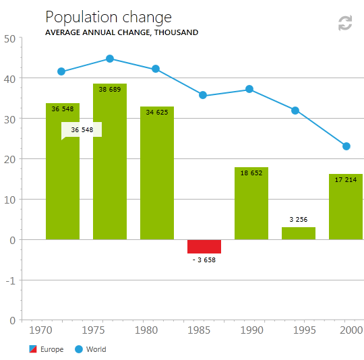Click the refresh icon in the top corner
345,23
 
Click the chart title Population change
109,18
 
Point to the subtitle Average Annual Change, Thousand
121,32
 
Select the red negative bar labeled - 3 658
204,247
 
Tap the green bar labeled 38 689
110,162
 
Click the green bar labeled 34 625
157,173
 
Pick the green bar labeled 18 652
251,204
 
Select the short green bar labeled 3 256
299,233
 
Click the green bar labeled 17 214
346,206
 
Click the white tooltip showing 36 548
82,129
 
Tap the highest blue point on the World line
110,59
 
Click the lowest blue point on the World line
346,146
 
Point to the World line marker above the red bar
203,95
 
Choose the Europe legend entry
47,349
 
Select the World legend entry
90,349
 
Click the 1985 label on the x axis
199,330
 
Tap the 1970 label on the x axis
40,330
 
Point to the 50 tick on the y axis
9,39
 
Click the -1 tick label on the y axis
10,281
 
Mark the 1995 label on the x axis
305,330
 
